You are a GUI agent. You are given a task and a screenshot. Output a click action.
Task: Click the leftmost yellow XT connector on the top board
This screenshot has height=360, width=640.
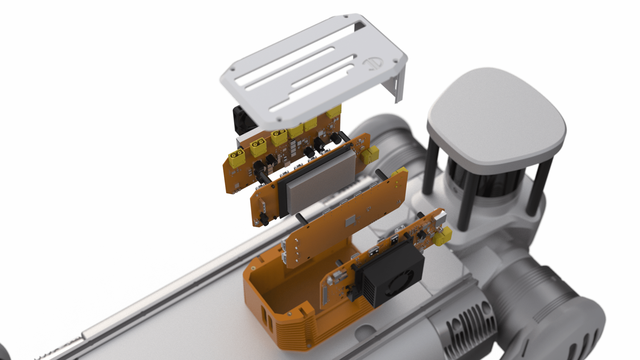click(x=236, y=159)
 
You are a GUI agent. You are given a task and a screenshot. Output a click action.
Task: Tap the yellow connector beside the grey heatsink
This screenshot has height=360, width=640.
click(x=370, y=155)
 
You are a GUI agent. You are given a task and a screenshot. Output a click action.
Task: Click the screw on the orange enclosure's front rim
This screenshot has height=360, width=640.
click(x=289, y=313)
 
